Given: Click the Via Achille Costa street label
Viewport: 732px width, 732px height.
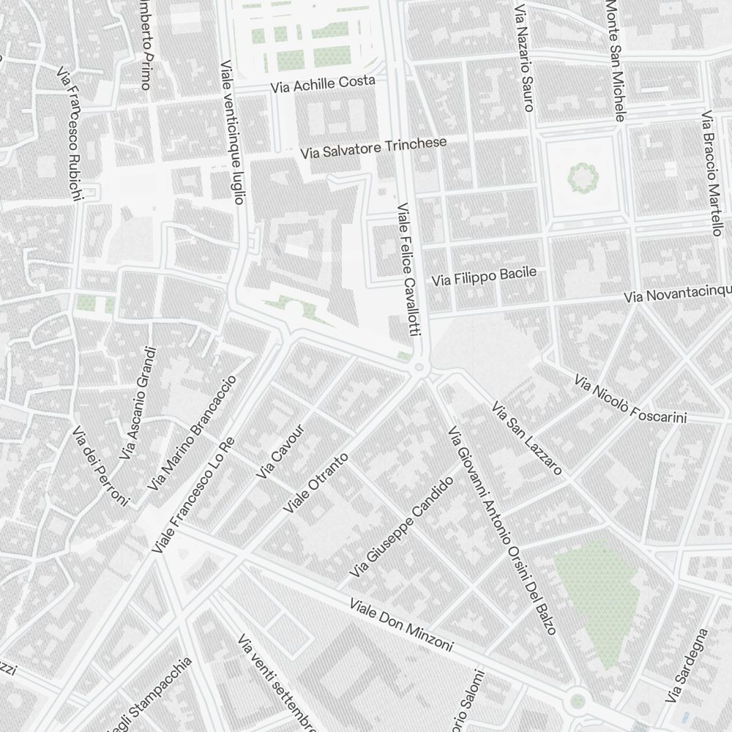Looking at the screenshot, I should [x=323, y=83].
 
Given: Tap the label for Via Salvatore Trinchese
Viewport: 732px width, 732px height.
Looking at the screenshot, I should [x=373, y=148].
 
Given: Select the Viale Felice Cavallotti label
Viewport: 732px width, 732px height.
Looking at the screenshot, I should [x=407, y=270].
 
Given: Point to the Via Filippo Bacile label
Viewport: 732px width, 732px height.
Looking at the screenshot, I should [x=484, y=277].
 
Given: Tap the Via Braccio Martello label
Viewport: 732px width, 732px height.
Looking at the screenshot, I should [x=712, y=173].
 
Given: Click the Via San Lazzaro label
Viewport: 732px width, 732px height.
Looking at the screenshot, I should [x=526, y=438].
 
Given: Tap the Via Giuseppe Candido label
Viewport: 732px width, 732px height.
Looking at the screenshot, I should [x=402, y=525].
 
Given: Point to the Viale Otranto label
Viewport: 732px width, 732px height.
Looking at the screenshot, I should [x=316, y=482].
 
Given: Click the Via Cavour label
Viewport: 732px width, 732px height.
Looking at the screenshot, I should [x=280, y=452].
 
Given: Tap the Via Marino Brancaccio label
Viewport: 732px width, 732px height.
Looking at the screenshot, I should [x=192, y=433].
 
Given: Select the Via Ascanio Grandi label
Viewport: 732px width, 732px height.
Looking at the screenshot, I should [x=138, y=403].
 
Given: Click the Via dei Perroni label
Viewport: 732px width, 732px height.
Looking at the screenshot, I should [x=100, y=466].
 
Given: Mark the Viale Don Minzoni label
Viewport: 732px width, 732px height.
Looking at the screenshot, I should [x=401, y=626].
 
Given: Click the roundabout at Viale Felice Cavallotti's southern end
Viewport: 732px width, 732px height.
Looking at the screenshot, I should [x=420, y=368].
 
